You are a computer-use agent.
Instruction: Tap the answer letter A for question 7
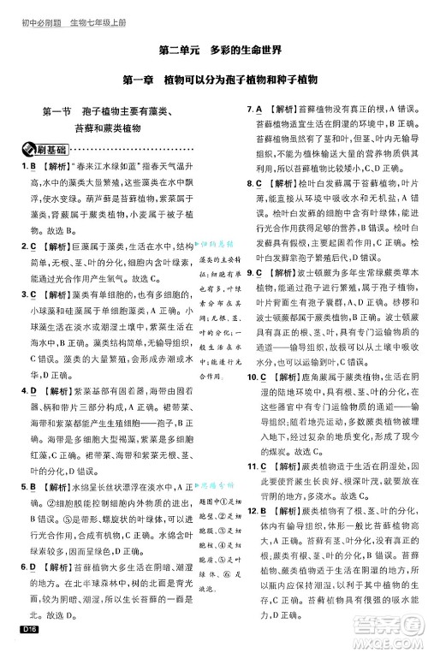[x=259, y=110]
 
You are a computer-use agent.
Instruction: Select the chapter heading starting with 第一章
[x=214, y=78]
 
